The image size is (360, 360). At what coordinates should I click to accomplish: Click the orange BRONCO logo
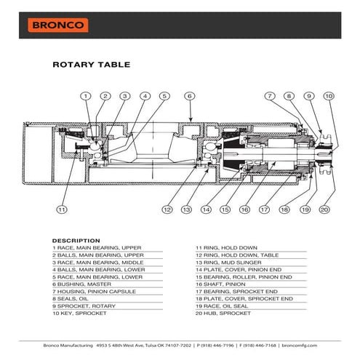coord(58,25)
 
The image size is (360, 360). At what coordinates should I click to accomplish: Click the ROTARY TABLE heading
coord(92,65)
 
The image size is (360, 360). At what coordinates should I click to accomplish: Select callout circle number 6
coord(188,96)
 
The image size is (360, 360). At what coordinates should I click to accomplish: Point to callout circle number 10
coord(328,96)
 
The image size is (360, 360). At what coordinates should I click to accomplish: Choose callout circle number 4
coord(145,96)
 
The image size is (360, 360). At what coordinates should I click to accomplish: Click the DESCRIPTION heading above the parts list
coord(76,240)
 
